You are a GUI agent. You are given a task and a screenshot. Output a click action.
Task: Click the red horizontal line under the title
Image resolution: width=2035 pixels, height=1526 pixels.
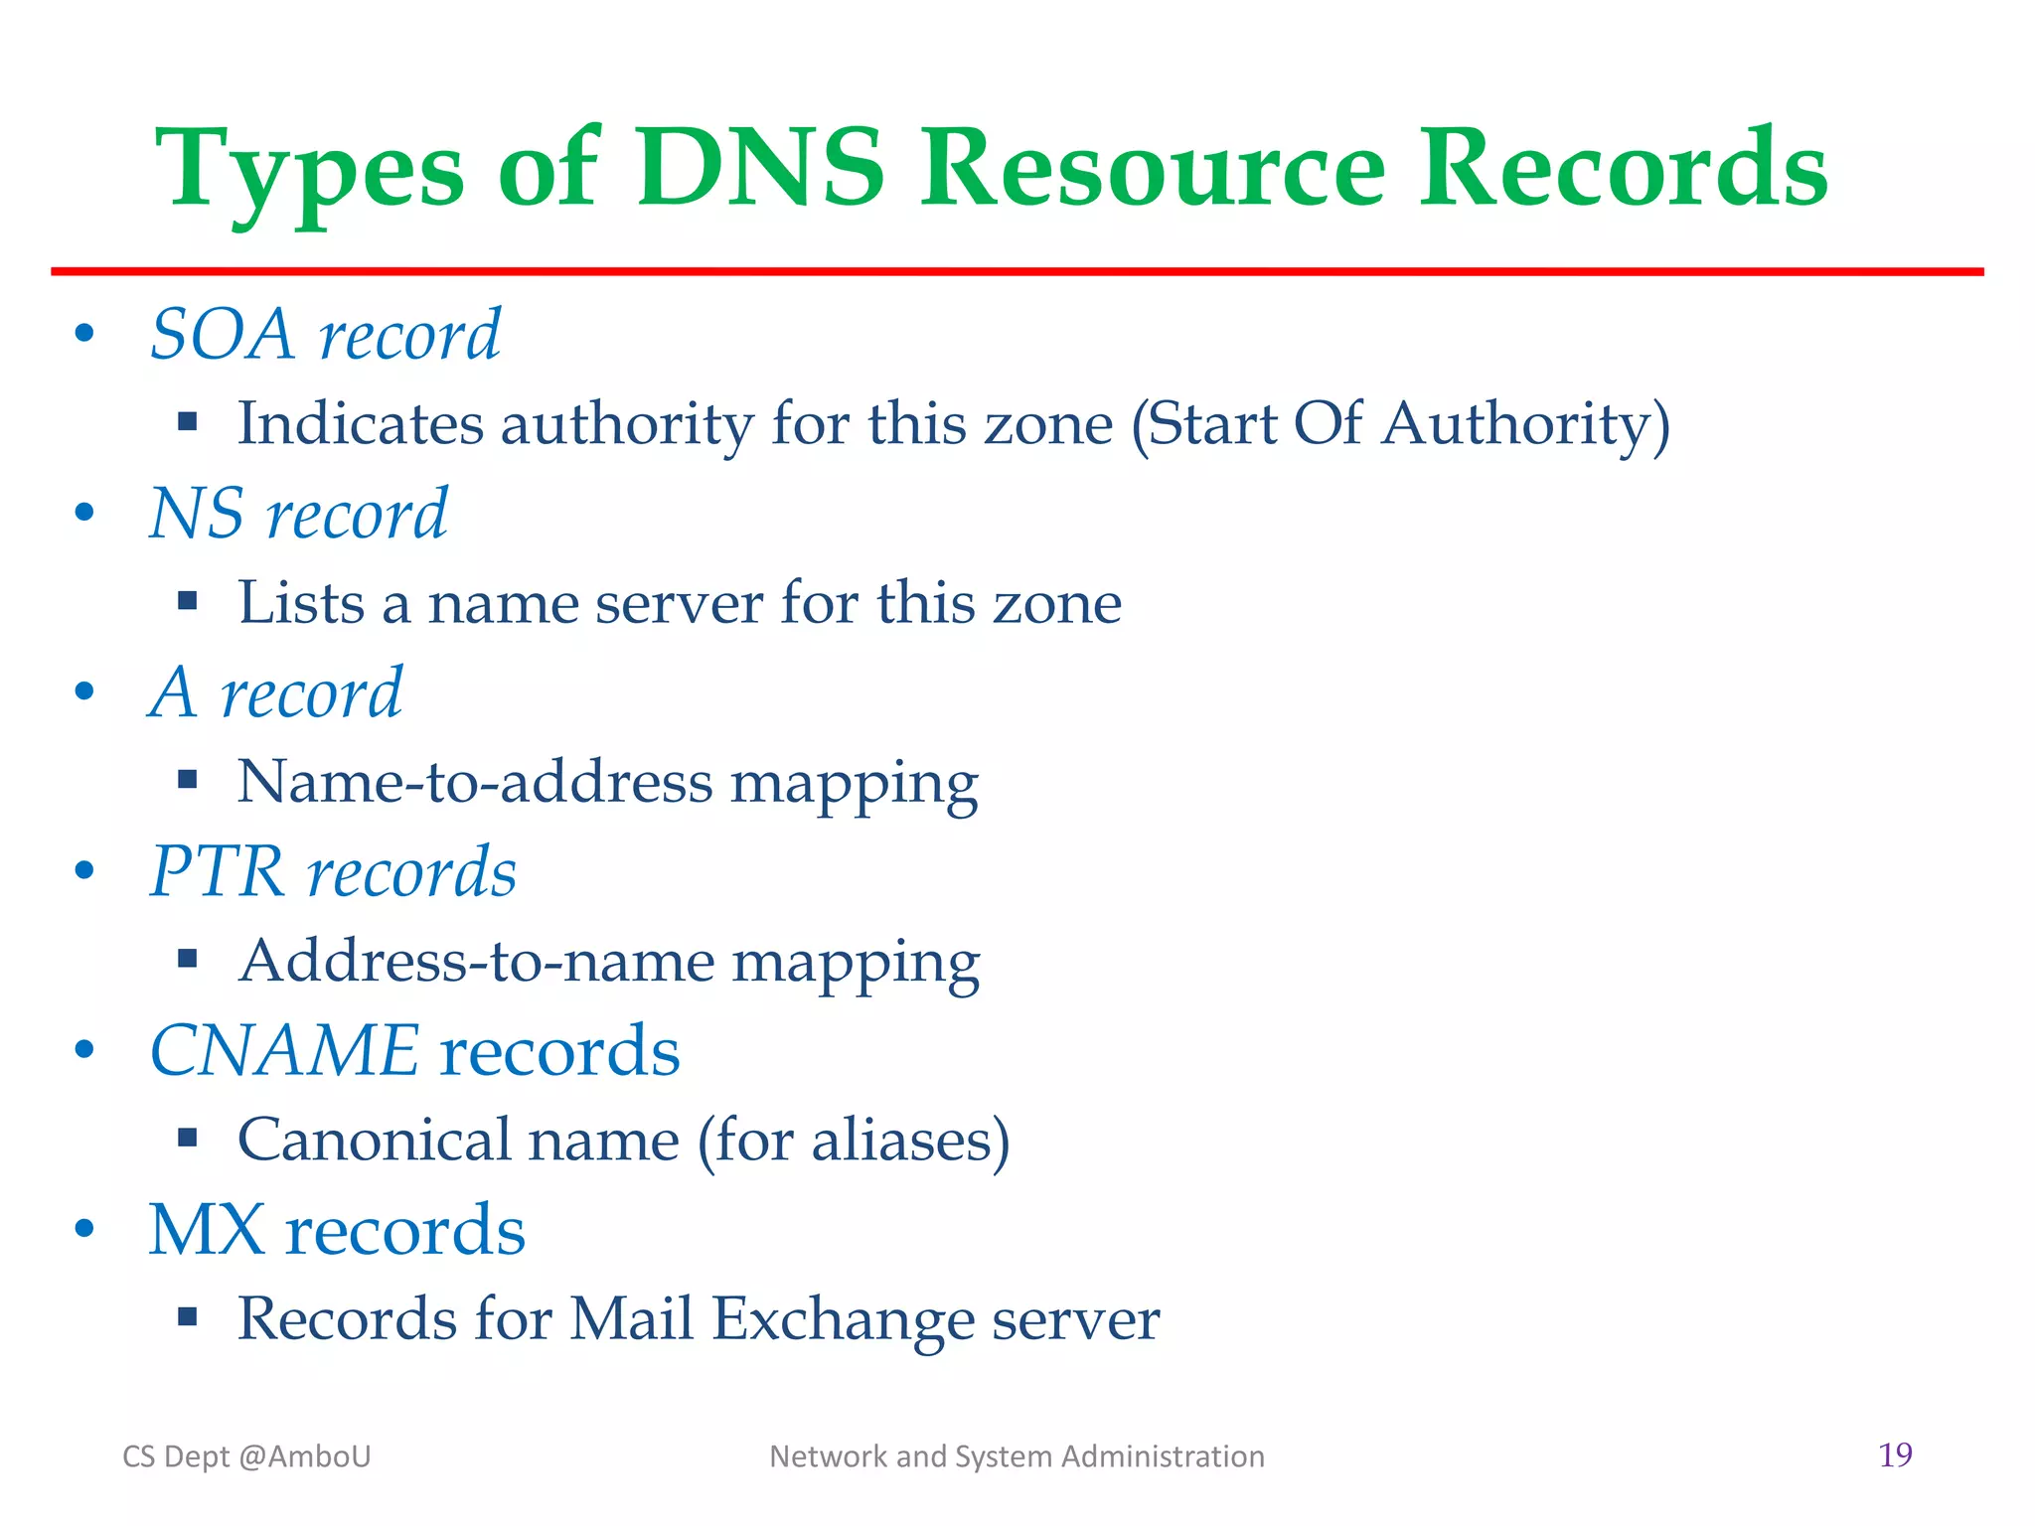pyautogui.click(x=1017, y=271)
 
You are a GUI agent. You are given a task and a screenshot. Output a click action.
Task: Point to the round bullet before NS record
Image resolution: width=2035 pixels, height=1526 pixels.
pyautogui.click(x=85, y=513)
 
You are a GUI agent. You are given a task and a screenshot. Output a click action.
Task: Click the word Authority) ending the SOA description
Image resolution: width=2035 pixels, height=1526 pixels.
pyautogui.click(x=1525, y=424)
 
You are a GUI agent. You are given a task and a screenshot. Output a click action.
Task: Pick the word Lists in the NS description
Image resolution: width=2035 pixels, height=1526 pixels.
pyautogui.click(x=301, y=602)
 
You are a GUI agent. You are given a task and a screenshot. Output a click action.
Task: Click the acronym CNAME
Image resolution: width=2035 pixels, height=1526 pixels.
pyautogui.click(x=284, y=1050)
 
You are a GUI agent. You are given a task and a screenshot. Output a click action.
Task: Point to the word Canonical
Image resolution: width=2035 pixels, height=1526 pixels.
pyautogui.click(x=373, y=1140)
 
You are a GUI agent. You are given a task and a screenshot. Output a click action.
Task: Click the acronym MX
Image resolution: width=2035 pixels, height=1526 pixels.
pyautogui.click(x=207, y=1230)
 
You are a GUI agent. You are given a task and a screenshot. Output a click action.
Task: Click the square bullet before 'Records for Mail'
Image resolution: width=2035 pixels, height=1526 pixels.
pyautogui.click(x=188, y=1317)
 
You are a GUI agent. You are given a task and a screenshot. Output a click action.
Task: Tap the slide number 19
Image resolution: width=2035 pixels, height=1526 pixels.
pyautogui.click(x=1895, y=1454)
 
